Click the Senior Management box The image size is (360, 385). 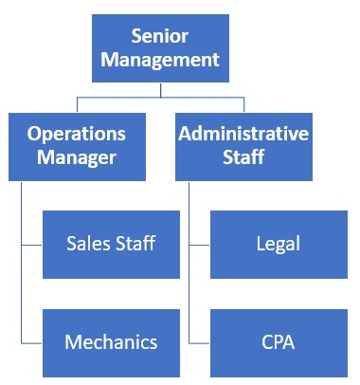(x=160, y=48)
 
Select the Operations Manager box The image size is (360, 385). (x=78, y=146)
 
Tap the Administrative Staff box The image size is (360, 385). (x=243, y=146)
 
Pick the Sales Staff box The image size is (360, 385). (x=111, y=245)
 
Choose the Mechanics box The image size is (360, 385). (x=111, y=341)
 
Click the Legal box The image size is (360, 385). (x=278, y=245)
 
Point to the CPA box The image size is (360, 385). (x=278, y=341)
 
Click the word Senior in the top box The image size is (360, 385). (x=160, y=38)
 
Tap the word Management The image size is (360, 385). (x=160, y=60)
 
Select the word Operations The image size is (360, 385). (x=78, y=134)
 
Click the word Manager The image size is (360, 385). (x=78, y=156)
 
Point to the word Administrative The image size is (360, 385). (x=243, y=134)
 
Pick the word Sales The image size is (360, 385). (x=88, y=244)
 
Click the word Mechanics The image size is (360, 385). (x=111, y=341)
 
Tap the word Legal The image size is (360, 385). (x=278, y=245)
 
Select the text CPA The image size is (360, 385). (x=278, y=341)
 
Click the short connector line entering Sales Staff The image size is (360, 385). (x=31, y=245)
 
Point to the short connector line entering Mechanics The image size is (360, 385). (x=31, y=341)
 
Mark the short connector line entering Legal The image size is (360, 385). (x=199, y=245)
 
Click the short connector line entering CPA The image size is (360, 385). (x=199, y=341)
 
